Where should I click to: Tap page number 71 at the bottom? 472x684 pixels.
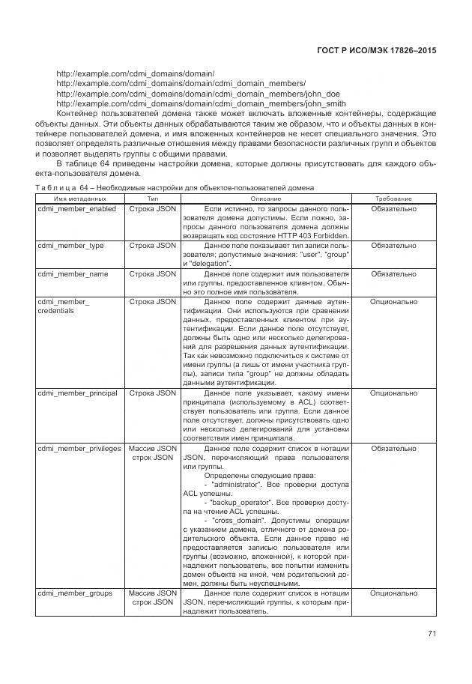432,635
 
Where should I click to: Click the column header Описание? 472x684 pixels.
266,198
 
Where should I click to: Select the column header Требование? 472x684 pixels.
393,198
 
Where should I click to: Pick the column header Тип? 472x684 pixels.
152,198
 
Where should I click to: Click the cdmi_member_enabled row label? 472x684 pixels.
76,208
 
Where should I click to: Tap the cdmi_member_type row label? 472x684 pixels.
70,245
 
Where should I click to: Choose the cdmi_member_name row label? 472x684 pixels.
73,273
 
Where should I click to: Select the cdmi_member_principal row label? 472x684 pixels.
79,392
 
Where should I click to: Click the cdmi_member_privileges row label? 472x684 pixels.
79,448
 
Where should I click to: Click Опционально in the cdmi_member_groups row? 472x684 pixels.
393,593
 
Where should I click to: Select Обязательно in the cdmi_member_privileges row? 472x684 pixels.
393,448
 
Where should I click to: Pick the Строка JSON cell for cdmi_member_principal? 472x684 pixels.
152,392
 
